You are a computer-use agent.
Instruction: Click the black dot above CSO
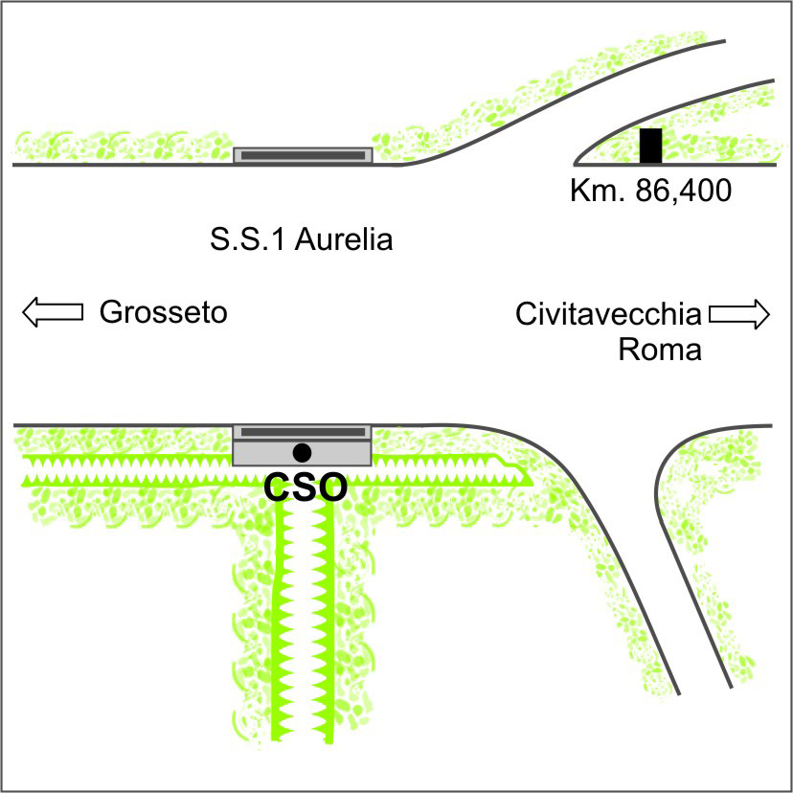point(303,451)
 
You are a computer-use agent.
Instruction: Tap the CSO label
point(305,487)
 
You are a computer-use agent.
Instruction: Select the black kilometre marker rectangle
point(651,145)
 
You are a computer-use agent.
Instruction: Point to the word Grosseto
point(163,312)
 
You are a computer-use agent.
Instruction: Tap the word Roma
point(660,349)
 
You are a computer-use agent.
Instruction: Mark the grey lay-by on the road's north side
point(303,155)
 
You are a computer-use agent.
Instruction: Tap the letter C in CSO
point(277,487)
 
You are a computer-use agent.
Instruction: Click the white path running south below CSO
point(304,623)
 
